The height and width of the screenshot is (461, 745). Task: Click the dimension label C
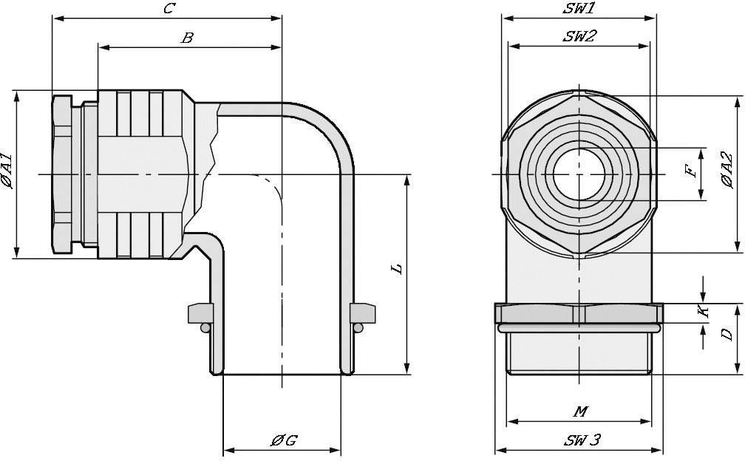tap(169, 9)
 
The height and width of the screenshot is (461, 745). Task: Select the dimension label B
tap(187, 38)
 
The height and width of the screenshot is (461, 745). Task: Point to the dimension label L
tap(397, 268)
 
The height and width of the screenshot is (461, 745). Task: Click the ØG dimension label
tap(283, 440)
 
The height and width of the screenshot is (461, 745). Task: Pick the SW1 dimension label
tap(579, 9)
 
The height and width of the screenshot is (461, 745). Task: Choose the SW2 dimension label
tap(579, 36)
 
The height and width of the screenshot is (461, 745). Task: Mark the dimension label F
tap(690, 172)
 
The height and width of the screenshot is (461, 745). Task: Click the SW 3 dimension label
tap(582, 440)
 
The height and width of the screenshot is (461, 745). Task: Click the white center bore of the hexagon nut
tap(579, 174)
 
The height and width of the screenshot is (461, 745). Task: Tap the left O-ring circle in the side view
tap(204, 327)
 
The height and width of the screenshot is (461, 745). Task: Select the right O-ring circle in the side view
tap(359, 327)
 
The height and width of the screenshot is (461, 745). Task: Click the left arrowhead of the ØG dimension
tap(228, 450)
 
